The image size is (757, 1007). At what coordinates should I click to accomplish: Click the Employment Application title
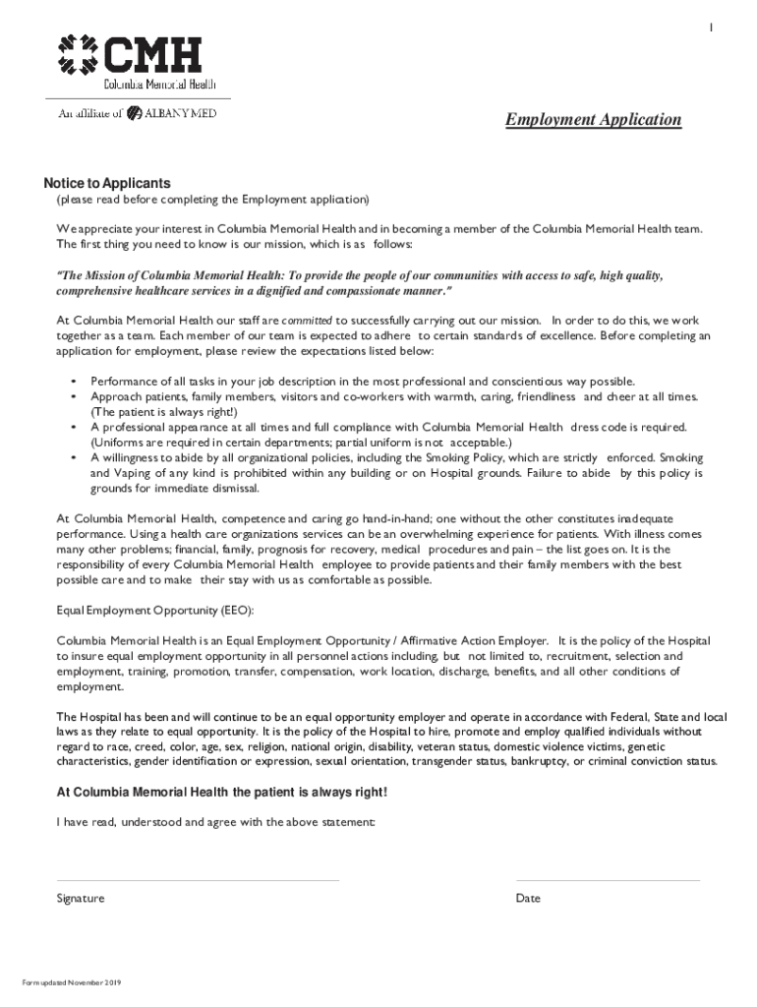(593, 120)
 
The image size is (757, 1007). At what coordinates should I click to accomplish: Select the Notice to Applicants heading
(106, 184)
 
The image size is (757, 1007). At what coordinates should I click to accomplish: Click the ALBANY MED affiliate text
(180, 113)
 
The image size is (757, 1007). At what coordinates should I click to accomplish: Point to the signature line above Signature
(198, 880)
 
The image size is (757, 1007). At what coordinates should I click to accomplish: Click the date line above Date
(608, 880)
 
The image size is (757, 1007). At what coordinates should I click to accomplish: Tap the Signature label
(81, 898)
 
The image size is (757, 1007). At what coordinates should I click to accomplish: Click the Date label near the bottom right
(528, 898)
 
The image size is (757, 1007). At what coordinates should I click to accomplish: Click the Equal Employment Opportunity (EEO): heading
(154, 610)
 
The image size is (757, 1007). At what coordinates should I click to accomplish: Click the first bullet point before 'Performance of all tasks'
(74, 381)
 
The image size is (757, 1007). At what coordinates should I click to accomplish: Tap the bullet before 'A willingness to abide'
(74, 457)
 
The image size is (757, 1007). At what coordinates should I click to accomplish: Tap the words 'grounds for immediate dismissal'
(175, 488)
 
